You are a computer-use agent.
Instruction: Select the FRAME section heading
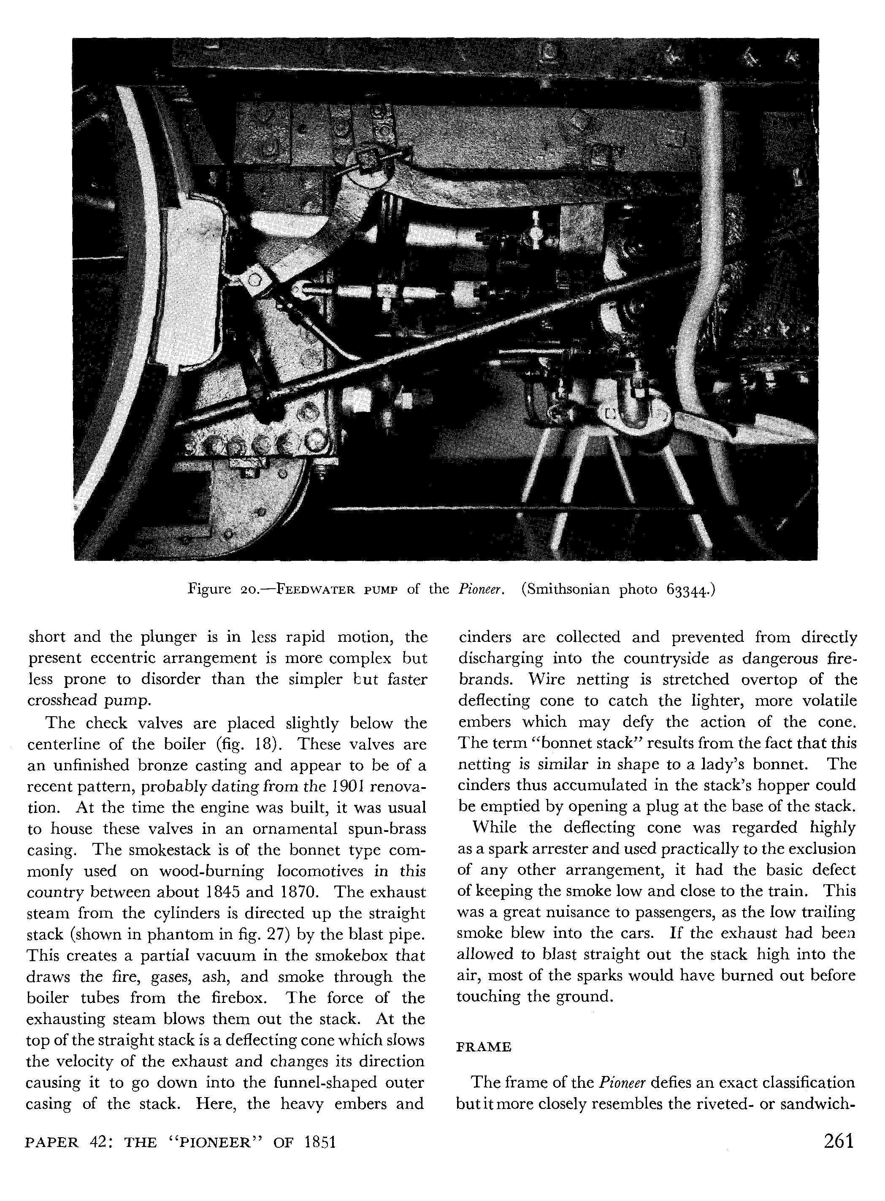(x=483, y=1047)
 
